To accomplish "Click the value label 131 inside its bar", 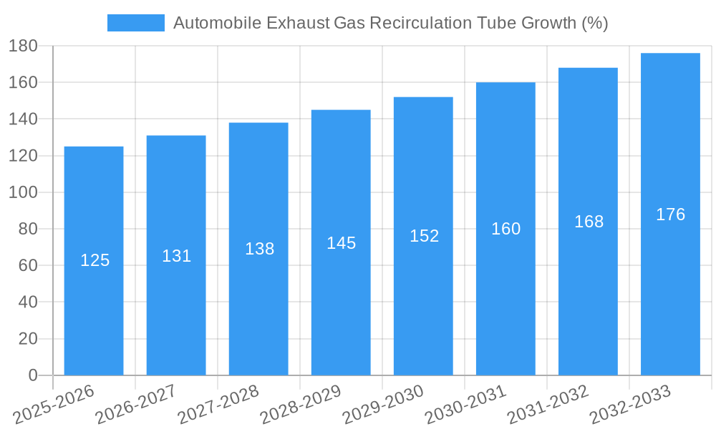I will pyautogui.click(x=176, y=256).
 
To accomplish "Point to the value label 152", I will pyautogui.click(x=424, y=236).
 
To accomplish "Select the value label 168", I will pyautogui.click(x=589, y=222).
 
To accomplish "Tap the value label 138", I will pyautogui.click(x=259, y=249).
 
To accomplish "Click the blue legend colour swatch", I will pyautogui.click(x=135, y=23).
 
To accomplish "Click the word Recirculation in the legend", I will pyautogui.click(x=415, y=23).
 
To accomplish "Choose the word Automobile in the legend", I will pyautogui.click(x=216, y=23).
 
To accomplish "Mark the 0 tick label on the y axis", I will pyautogui.click(x=33, y=375).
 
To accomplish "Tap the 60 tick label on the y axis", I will pyautogui.click(x=27, y=266).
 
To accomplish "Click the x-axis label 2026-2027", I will pyautogui.click(x=136, y=405).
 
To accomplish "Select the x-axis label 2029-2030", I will pyautogui.click(x=383, y=405).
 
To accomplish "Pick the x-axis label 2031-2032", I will pyautogui.click(x=548, y=405).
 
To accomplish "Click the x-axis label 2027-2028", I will pyautogui.click(x=218, y=405).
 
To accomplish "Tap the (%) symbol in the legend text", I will pyautogui.click(x=594, y=23).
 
